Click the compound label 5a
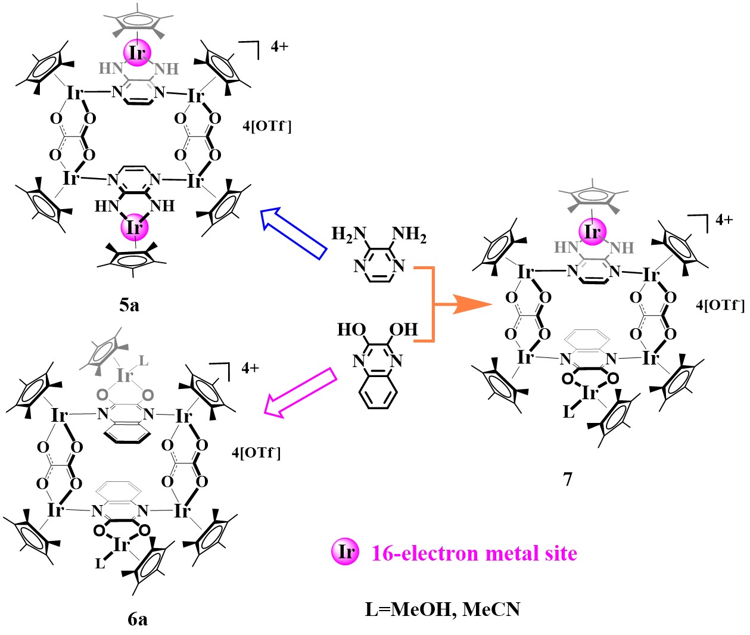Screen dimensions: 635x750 (129, 305)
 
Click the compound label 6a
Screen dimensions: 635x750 (138, 620)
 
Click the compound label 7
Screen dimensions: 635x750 (568, 478)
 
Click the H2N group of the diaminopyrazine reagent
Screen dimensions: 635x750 (348, 235)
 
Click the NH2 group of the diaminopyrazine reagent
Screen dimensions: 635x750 (410, 235)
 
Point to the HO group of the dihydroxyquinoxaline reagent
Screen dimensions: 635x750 (351, 329)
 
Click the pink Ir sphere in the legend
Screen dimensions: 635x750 (346, 552)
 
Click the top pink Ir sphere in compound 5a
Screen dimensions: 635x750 (137, 53)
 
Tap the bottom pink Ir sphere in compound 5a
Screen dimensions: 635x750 (135, 228)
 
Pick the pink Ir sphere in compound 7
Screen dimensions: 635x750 (592, 231)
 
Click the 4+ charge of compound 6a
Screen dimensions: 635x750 (250, 368)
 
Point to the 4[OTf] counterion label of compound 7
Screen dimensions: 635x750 (720, 305)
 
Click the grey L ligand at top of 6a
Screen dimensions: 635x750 (143, 362)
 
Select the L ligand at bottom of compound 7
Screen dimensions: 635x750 (568, 412)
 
